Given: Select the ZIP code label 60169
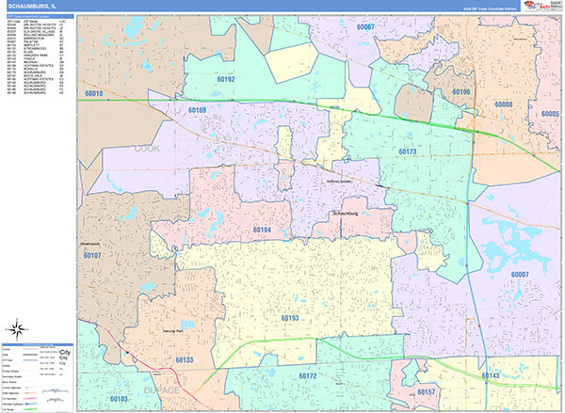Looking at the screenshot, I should (x=197, y=111).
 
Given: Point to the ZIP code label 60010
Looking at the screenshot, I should (x=93, y=95).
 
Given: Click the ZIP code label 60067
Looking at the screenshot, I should (x=365, y=26).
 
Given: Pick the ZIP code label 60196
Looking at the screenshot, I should (x=460, y=92).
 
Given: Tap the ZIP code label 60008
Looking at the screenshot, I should (x=504, y=103).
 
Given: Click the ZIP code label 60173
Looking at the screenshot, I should (x=407, y=151).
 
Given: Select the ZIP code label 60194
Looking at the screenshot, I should (x=262, y=230).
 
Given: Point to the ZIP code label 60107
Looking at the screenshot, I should (x=92, y=255).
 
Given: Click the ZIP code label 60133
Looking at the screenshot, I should (x=184, y=360).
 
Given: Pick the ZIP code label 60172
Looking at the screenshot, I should (x=308, y=375).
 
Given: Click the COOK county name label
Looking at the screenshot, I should (x=146, y=149).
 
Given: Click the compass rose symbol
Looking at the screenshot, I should (x=17, y=328).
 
